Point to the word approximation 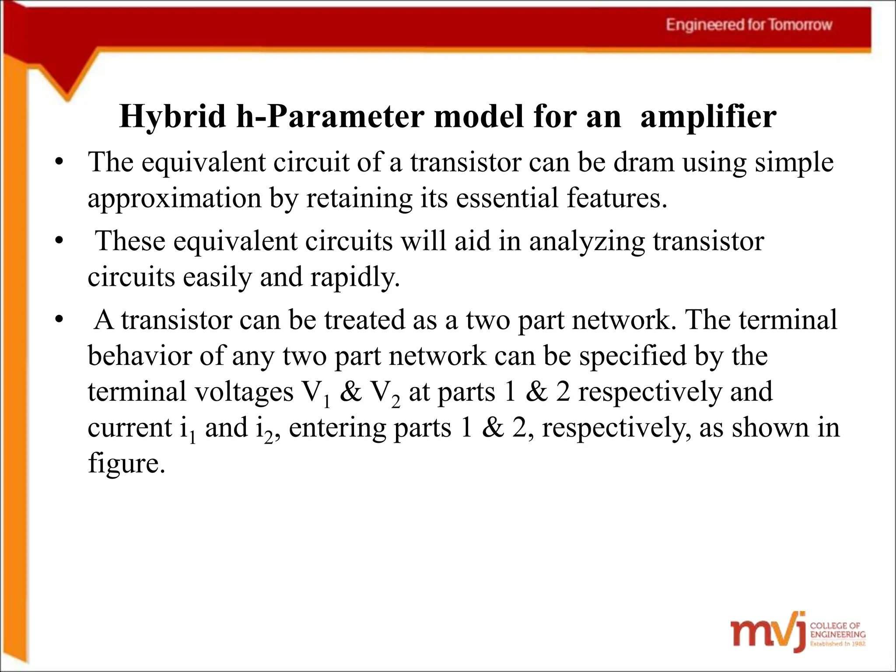click(x=174, y=198)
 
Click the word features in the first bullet click(x=617, y=197)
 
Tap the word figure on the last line click(x=126, y=463)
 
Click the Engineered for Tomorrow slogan click(x=749, y=25)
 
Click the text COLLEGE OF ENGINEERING click(x=837, y=630)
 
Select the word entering click(x=337, y=428)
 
